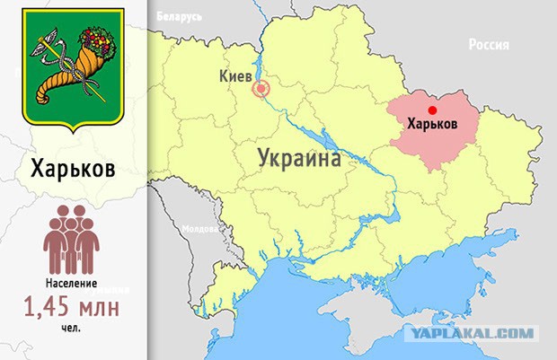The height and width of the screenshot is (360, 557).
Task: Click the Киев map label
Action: [x=236, y=77]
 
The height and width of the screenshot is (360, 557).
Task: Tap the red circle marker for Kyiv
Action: [x=261, y=89]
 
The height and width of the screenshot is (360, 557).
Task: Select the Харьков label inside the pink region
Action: [x=432, y=123]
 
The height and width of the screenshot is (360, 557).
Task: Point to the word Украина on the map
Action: [x=299, y=159]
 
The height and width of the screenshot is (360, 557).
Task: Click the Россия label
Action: [x=488, y=45]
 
